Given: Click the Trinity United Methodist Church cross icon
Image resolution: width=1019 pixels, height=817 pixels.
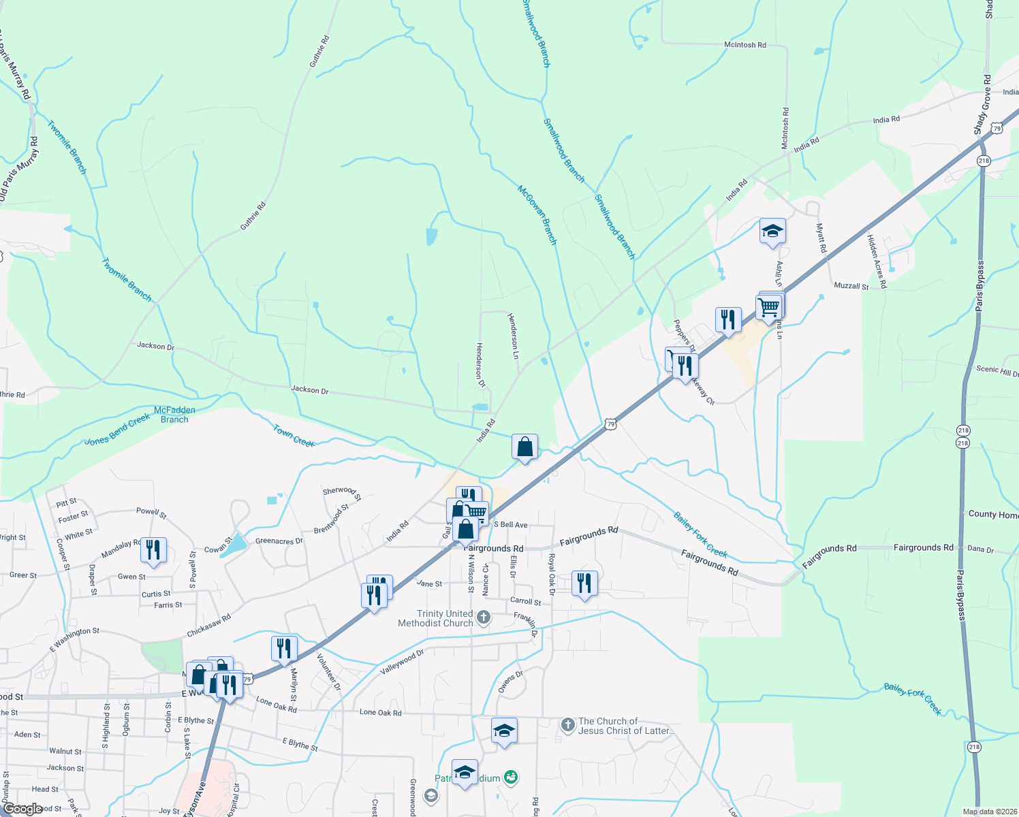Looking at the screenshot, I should pos(483,618).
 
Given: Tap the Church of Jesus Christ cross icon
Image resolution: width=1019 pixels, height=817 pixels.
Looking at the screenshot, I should pos(568,725).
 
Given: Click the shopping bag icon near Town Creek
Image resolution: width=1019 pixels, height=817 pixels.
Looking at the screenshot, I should pos(524,447).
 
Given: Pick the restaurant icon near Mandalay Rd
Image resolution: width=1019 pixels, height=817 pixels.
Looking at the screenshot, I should pos(153,550).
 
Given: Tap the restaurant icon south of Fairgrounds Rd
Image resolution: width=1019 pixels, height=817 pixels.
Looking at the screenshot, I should pos(584,583).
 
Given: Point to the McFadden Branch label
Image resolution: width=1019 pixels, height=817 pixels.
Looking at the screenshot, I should pos(174,415).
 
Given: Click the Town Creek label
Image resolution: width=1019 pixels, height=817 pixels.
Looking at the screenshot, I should pos(294,436).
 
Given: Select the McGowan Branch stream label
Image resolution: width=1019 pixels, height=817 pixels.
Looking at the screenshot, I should pos(537,214).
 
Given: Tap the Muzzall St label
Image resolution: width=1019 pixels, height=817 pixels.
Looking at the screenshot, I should pos(851,287).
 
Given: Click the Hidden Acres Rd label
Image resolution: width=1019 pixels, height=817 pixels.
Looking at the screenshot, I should pos(877,261).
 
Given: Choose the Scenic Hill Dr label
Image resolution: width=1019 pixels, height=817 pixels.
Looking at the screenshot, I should pos(997,371).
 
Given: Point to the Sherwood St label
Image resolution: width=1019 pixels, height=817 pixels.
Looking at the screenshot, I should pos(342,492).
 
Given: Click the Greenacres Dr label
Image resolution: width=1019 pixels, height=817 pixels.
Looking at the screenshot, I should pos(279,541).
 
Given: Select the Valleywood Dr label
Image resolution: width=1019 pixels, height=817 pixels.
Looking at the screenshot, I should pos(402,661).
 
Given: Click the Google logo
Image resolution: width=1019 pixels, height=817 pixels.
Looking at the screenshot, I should pos(23,809).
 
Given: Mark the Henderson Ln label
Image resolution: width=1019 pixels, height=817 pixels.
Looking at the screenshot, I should pos(513,336).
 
